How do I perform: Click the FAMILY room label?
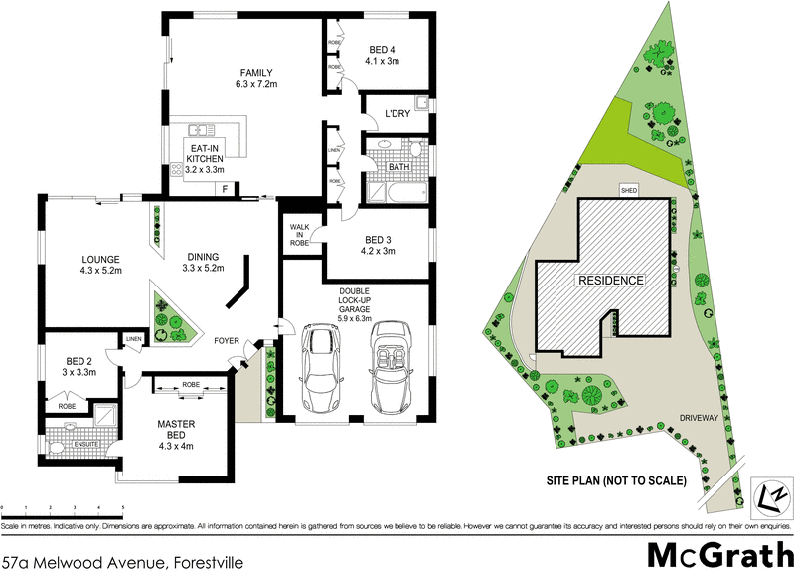(255, 72)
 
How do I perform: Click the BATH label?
(399, 167)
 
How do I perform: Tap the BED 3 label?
(380, 240)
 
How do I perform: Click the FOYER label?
(231, 341)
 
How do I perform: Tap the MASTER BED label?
(181, 425)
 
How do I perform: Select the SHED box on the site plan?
(628, 189)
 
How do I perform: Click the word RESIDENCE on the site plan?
(611, 281)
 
